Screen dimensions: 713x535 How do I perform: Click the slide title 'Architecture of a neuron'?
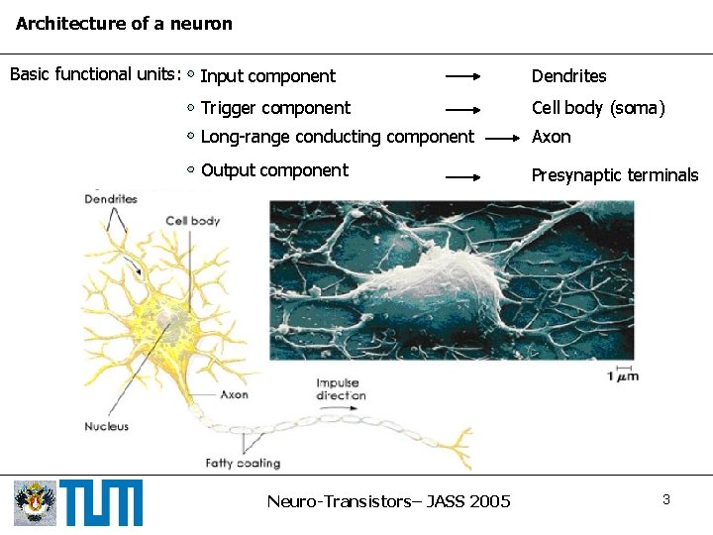(x=124, y=24)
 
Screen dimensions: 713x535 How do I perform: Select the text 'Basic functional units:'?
(x=94, y=74)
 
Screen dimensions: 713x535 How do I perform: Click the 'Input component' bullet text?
(x=267, y=76)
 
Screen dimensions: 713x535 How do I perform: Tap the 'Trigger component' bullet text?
(x=275, y=108)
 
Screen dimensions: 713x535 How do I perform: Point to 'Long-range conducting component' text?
(x=337, y=137)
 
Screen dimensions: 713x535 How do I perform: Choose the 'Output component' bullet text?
(x=274, y=170)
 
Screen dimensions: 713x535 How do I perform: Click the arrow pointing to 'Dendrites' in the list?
(x=463, y=76)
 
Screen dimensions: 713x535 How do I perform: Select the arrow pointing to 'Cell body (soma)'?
(x=463, y=108)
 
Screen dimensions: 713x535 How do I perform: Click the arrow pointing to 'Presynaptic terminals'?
(x=463, y=176)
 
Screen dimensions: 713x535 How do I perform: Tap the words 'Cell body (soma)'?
(x=598, y=108)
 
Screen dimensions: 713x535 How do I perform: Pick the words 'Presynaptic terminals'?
(x=615, y=176)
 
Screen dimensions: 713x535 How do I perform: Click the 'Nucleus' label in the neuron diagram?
(x=106, y=426)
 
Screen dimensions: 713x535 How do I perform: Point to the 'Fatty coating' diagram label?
(x=243, y=463)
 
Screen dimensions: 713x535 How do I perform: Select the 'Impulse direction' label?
(x=341, y=389)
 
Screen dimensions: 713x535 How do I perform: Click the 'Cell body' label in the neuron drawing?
(x=192, y=221)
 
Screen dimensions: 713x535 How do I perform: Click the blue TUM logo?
(x=101, y=502)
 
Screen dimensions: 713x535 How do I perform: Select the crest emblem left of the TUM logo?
(x=36, y=502)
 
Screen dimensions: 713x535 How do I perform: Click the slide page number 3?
(x=666, y=499)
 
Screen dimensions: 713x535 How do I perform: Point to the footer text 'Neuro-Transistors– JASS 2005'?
(x=388, y=501)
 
